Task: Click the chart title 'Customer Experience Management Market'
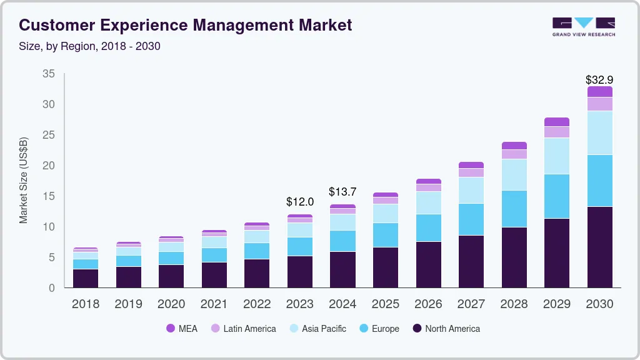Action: (x=185, y=26)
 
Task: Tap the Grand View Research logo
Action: (x=583, y=27)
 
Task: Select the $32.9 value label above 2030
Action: (x=599, y=80)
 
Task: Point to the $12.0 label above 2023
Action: (x=300, y=202)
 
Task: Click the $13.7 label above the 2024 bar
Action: (x=342, y=191)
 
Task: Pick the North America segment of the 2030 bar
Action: (x=599, y=247)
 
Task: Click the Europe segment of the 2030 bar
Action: (x=599, y=181)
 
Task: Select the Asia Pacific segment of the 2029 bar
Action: (x=556, y=156)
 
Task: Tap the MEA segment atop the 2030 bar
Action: (x=599, y=91)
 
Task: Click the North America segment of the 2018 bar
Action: (x=86, y=278)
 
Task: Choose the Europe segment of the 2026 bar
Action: (x=428, y=227)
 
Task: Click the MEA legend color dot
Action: (x=171, y=329)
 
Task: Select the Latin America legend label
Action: (x=249, y=329)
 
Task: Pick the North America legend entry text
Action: (x=452, y=329)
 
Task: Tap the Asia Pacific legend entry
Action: (x=324, y=329)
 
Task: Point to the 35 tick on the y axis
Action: (x=49, y=74)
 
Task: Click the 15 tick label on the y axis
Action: (x=49, y=196)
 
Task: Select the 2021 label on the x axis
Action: (x=214, y=304)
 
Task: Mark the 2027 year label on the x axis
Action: (x=471, y=304)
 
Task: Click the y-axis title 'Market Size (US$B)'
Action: (x=24, y=180)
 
